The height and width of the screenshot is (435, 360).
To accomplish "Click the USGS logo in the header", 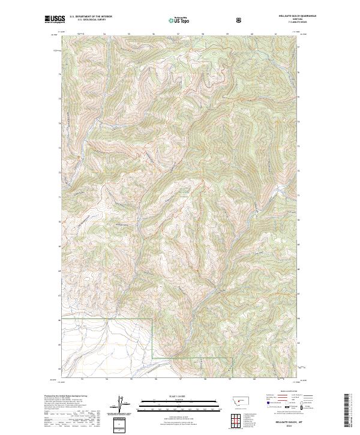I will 55,20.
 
